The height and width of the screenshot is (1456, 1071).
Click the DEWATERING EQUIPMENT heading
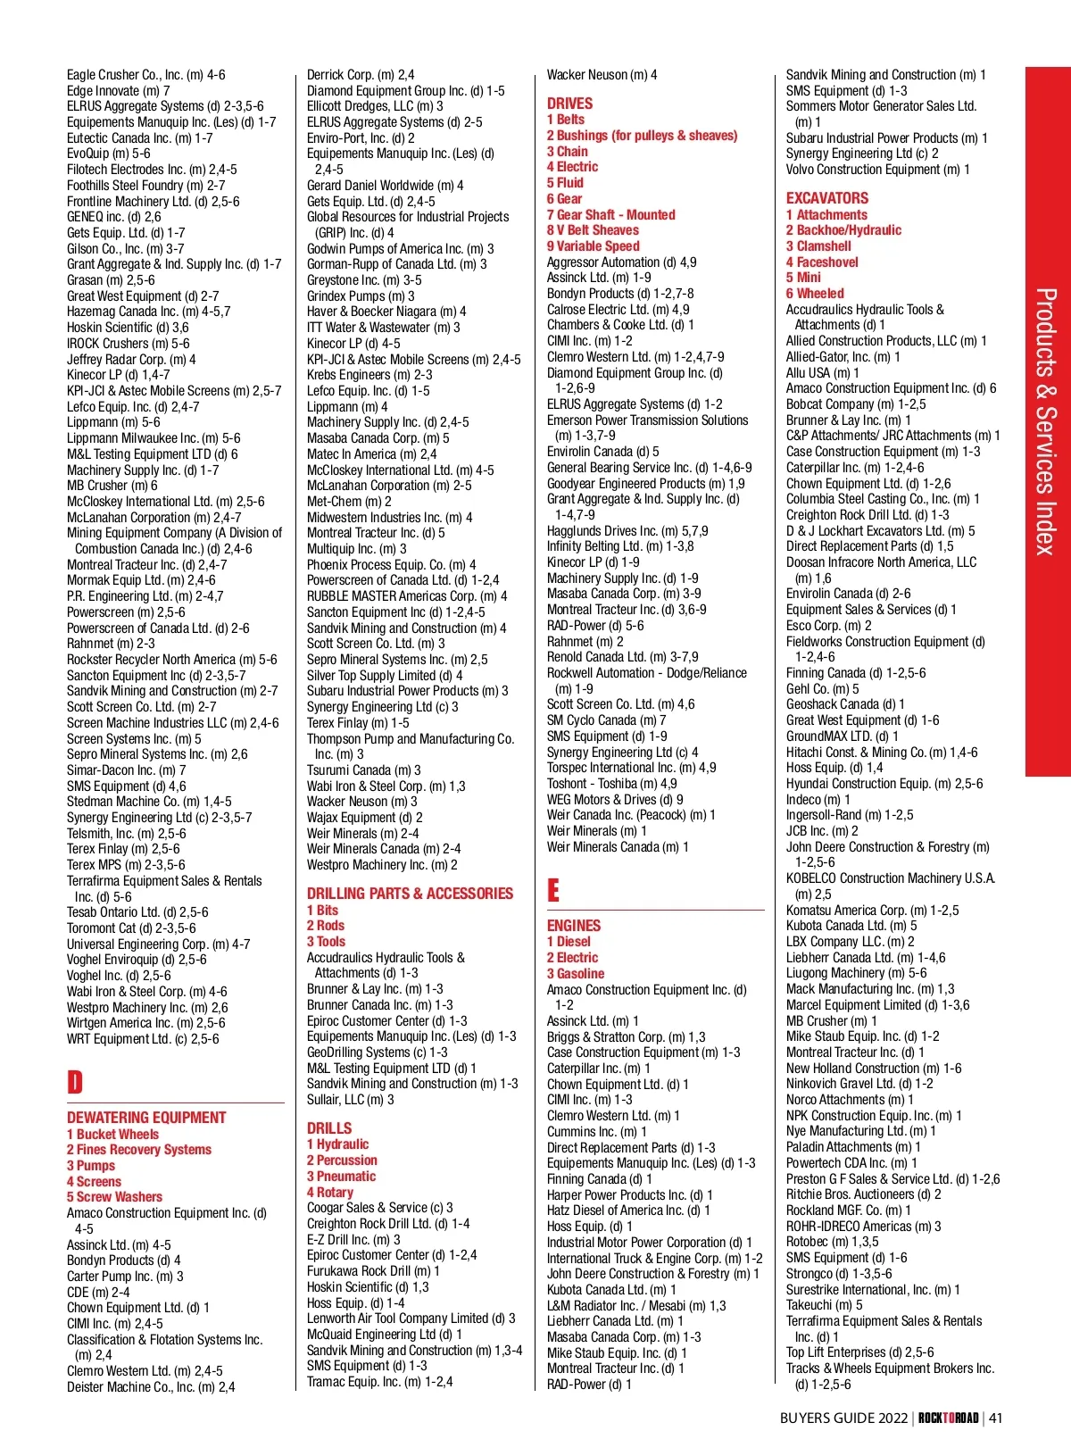point(146,1118)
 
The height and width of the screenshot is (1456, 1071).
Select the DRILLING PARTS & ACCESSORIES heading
point(410,894)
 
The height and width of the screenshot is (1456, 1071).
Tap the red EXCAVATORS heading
point(826,198)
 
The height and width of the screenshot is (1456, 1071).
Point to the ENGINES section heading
point(574,926)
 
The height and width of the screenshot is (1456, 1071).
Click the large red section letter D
point(75,1082)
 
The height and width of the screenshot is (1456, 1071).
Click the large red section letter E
point(553,890)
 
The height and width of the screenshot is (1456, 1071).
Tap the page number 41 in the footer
point(996,1418)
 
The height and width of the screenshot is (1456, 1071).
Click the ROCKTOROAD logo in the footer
point(948,1418)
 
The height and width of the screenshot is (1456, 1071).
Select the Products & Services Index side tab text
point(1046,420)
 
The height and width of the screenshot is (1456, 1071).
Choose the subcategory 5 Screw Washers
point(114,1197)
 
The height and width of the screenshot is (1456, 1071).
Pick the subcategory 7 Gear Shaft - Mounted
point(610,214)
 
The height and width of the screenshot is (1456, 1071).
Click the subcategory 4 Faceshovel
point(822,262)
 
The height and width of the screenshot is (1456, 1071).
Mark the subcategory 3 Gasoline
point(576,974)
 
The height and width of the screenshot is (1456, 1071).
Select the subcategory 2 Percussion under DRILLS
point(342,1161)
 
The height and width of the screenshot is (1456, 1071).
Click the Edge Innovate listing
point(118,91)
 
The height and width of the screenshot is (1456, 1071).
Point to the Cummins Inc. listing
point(597,1132)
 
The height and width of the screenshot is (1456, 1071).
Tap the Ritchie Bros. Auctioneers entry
point(863,1194)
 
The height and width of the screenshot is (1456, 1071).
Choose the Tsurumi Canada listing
point(363,770)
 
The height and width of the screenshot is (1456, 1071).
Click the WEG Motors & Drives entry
point(615,800)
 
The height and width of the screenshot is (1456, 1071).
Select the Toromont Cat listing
point(131,928)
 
